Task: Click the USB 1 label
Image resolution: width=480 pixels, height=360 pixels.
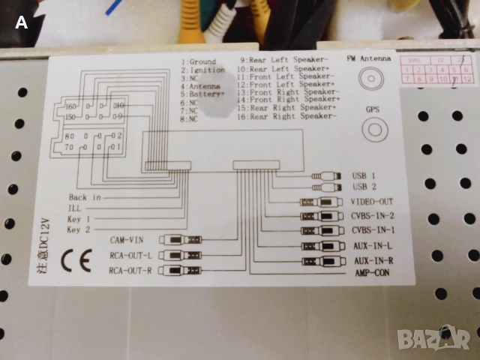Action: pos(364,175)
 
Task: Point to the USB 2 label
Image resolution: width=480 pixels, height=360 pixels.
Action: pos(364,186)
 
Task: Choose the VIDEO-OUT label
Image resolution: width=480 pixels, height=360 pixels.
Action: pos(372,202)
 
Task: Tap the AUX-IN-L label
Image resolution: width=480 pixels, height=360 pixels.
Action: pos(372,246)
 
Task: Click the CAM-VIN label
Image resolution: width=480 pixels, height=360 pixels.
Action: pos(126,240)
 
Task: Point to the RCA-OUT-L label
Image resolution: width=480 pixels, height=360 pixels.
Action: pos(130,255)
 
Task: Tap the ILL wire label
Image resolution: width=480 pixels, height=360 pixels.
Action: pos(73,208)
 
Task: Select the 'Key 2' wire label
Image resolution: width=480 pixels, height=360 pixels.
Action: pos(79,230)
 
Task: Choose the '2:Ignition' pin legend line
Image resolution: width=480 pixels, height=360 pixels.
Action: pos(202,70)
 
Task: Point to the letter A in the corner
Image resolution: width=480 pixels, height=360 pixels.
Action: pos(21,22)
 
